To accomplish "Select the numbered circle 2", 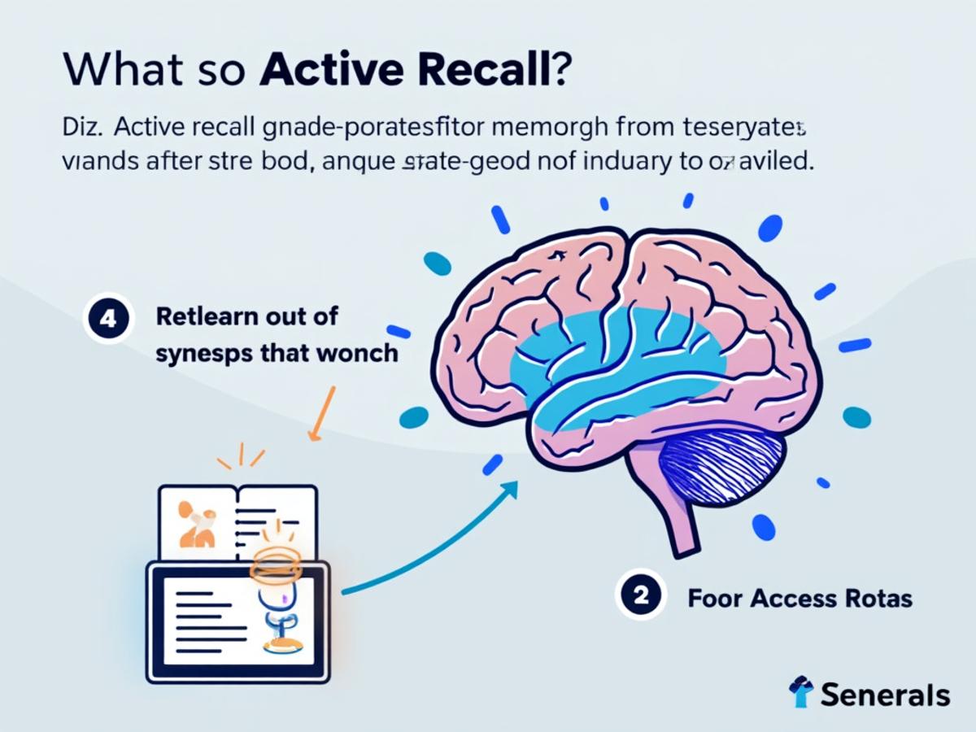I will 640,597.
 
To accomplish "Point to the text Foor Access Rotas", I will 800,599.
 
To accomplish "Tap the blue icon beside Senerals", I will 801,692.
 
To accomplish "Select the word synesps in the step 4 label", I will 195,354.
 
